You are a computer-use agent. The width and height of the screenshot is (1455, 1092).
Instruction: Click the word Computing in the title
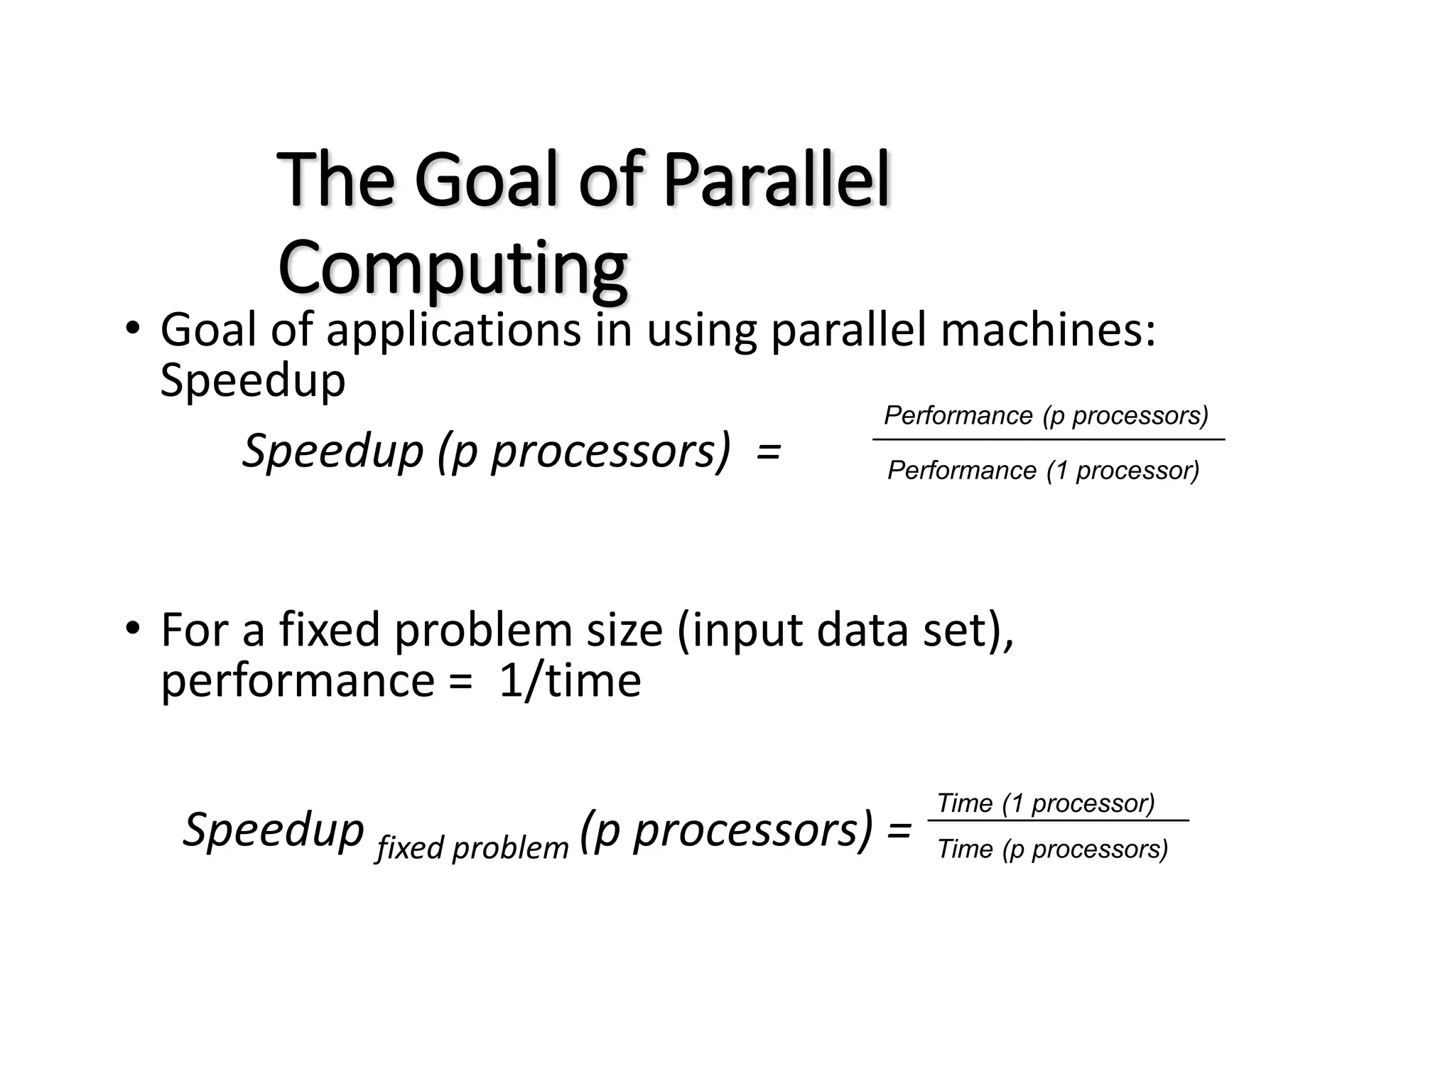coord(453,269)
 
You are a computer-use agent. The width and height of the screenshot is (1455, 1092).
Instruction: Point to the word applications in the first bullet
coord(453,331)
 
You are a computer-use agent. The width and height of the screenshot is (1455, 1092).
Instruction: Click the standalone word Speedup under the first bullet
coord(253,381)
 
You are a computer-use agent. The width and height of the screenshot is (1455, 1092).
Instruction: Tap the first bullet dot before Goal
coord(132,329)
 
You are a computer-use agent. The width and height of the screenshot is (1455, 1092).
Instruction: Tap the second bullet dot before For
coord(132,629)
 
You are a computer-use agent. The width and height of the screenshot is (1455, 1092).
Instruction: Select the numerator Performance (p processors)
coord(1046,415)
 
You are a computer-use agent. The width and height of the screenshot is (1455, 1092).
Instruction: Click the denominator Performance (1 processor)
coord(1043,471)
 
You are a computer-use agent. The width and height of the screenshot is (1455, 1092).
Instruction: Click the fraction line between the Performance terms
coord(1048,440)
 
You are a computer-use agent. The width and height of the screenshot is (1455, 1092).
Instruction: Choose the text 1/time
coord(570,681)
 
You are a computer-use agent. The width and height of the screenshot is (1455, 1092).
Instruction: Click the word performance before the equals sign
coord(298,681)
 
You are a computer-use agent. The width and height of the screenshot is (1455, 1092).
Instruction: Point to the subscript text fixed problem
coord(472,848)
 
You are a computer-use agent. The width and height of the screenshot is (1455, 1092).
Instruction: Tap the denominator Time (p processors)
coord(1052,849)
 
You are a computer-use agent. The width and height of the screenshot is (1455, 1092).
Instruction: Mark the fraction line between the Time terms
coord(1058,821)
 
